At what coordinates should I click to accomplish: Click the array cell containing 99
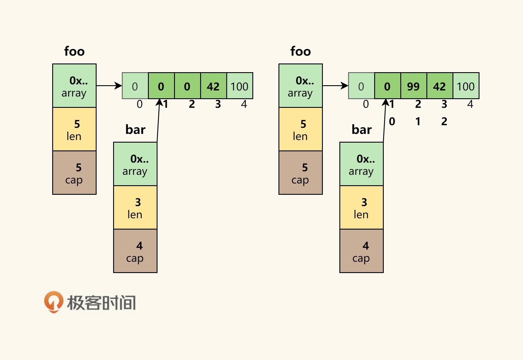[413, 86]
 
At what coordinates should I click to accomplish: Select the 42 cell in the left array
[213, 86]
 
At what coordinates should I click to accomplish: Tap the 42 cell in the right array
[439, 86]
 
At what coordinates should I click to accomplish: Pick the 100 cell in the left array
[240, 86]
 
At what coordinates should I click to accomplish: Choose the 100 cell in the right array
[466, 86]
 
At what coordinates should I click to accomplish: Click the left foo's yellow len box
[74, 129]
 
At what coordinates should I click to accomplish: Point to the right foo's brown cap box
[301, 173]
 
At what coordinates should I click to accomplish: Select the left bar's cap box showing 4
[135, 251]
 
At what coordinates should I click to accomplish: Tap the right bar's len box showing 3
[361, 208]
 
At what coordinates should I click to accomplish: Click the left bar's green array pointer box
[135, 164]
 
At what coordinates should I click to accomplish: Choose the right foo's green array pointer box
[301, 86]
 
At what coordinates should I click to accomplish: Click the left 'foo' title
[74, 51]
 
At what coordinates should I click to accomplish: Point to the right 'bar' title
[361, 130]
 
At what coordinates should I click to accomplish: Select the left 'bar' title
[135, 130]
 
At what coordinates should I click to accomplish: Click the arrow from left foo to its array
[109, 86]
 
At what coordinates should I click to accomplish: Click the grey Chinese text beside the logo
[101, 303]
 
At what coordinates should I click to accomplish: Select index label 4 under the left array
[244, 104]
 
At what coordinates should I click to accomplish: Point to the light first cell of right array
[361, 86]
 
